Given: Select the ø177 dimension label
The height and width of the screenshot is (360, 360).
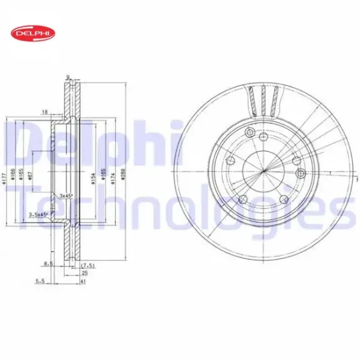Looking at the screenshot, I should (5, 172).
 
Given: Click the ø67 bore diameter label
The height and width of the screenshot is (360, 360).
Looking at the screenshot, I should (33, 173).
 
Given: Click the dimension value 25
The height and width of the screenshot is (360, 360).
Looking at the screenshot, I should (84, 274).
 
